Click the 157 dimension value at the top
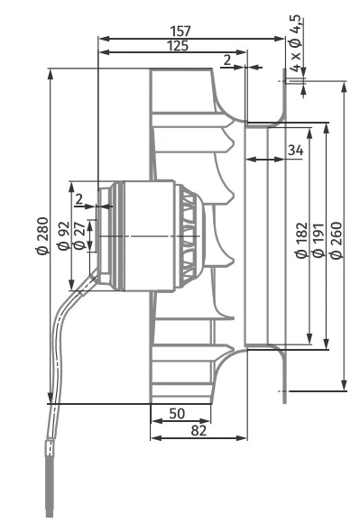(180, 31)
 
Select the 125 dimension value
(178, 46)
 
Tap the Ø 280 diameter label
(42, 236)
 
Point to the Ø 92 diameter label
(63, 235)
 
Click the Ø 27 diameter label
(78, 235)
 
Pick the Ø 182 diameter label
(301, 240)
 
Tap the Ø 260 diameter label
(337, 240)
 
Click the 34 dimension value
(296, 151)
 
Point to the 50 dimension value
(177, 413)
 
